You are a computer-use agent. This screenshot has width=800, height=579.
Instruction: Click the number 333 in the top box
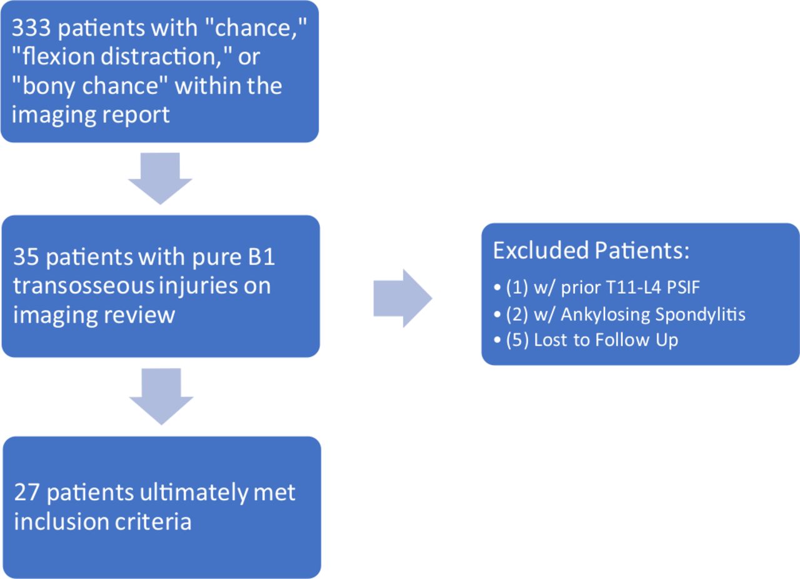tap(31, 28)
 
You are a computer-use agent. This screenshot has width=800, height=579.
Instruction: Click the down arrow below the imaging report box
tap(160, 178)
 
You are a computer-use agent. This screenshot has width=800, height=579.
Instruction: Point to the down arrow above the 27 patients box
tap(161, 396)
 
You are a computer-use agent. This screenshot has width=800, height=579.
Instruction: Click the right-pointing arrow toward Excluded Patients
tap(403, 298)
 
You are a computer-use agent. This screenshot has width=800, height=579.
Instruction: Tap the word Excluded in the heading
tap(541, 250)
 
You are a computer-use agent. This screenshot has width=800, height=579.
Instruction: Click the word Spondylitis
tap(701, 315)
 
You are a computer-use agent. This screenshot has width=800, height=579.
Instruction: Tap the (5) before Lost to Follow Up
tap(517, 340)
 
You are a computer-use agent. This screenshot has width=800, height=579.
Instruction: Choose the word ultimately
tap(194, 493)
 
